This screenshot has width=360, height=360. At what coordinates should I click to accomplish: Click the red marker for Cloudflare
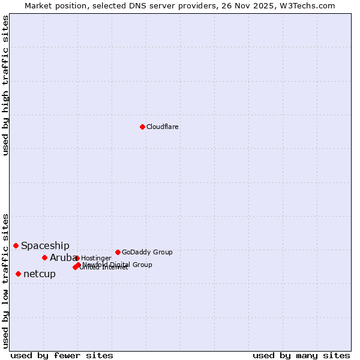(x=142, y=127)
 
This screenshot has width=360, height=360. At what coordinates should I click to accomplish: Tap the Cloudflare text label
(x=162, y=127)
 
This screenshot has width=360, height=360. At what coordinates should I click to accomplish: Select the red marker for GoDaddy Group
(x=118, y=252)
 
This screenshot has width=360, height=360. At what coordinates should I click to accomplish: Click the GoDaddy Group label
(x=147, y=252)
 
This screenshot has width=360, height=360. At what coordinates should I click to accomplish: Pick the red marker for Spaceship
(x=16, y=245)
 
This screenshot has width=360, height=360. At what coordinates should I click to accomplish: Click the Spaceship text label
(x=45, y=245)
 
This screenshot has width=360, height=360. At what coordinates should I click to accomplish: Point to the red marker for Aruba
(x=44, y=257)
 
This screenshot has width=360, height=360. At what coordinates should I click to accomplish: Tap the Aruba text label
(x=59, y=258)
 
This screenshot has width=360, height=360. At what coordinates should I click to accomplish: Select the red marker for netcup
(x=18, y=274)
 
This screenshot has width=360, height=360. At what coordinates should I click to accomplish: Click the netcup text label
(x=40, y=274)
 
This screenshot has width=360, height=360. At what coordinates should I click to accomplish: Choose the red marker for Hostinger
(x=77, y=258)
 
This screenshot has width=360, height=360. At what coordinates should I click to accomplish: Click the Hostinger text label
(x=96, y=258)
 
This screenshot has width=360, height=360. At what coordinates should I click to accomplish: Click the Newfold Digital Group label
(x=120, y=264)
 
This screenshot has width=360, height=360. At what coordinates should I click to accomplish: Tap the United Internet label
(x=103, y=268)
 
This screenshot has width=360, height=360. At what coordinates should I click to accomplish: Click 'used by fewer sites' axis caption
(x=62, y=355)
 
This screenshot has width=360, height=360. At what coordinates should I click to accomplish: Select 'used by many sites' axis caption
(x=301, y=355)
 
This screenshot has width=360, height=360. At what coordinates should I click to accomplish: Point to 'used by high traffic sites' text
(x=6, y=85)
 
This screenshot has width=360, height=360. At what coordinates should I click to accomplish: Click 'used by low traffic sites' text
(x=6, y=281)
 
